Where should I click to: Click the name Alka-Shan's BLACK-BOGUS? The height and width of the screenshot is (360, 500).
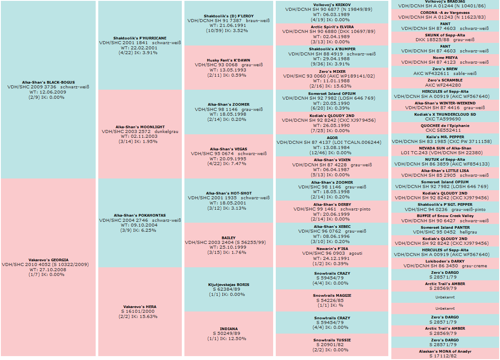pos(48,82)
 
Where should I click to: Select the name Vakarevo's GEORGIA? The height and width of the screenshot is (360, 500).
pos(48,260)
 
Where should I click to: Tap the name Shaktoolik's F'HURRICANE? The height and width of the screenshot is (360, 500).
pos(140,38)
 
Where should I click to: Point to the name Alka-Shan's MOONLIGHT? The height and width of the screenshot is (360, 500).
pos(140,127)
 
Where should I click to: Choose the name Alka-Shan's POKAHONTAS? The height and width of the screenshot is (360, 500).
pos(140,215)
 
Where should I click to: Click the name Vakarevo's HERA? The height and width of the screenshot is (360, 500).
pos(140,307)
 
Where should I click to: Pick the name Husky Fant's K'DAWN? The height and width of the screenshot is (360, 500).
pos(229,60)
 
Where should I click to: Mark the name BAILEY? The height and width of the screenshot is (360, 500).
pos(229,238)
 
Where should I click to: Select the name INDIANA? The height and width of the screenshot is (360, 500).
pos(229,329)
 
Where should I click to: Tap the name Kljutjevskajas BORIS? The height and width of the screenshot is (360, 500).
pos(229,285)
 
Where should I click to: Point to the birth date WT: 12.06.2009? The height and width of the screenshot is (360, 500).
pos(48,92)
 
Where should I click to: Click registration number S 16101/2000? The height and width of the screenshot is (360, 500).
pos(140,311)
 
